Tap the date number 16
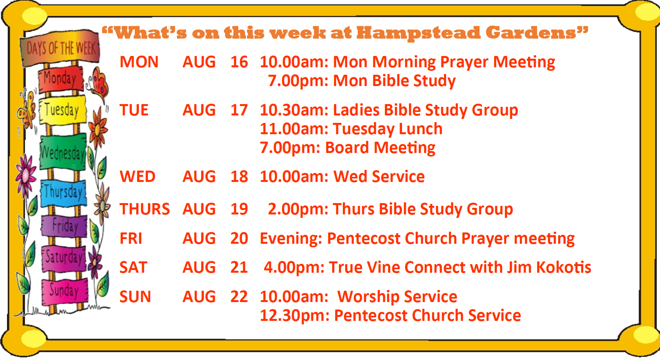pyautogui.click(x=239, y=62)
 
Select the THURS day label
pyautogui.click(x=145, y=209)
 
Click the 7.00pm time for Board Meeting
pyautogui.click(x=290, y=148)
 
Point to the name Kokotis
pyautogui.click(x=563, y=267)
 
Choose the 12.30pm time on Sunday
pyautogui.click(x=294, y=316)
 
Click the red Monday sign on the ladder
pyautogui.click(x=61, y=79)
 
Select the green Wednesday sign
pyautogui.click(x=63, y=152)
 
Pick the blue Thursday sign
pyautogui.click(x=64, y=193)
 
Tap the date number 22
pyautogui.click(x=239, y=297)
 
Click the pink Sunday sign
pyautogui.click(x=65, y=292)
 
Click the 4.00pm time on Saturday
pyautogui.click(x=294, y=268)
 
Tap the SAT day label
pyautogui.click(x=133, y=268)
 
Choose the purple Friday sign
pyautogui.click(x=64, y=226)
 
